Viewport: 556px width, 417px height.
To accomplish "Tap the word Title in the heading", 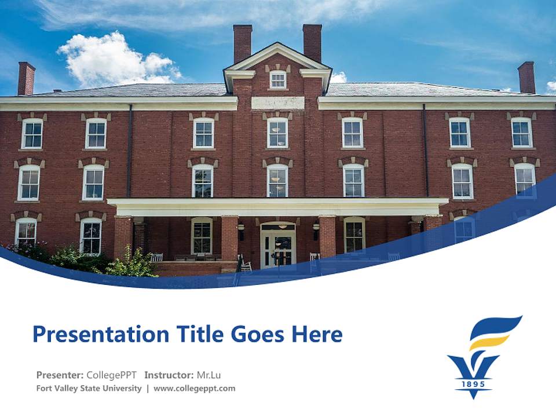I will point(189,334).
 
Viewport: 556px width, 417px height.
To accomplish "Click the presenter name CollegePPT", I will point(111,375).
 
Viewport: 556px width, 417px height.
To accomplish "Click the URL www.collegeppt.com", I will point(195,389).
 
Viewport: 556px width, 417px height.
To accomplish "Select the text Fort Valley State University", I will point(89,389).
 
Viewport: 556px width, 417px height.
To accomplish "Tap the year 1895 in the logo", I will point(473,383).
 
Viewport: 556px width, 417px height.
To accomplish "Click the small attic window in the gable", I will point(278,80).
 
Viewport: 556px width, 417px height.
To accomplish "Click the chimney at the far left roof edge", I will point(26,78).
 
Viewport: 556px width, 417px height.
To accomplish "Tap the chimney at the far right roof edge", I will point(526,77).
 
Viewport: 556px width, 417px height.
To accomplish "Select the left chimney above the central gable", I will point(243,42).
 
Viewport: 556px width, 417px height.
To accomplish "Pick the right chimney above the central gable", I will point(312,42).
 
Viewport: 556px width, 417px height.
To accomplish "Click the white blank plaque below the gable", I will point(277,103).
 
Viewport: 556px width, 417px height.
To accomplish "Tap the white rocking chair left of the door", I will point(246,264).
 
